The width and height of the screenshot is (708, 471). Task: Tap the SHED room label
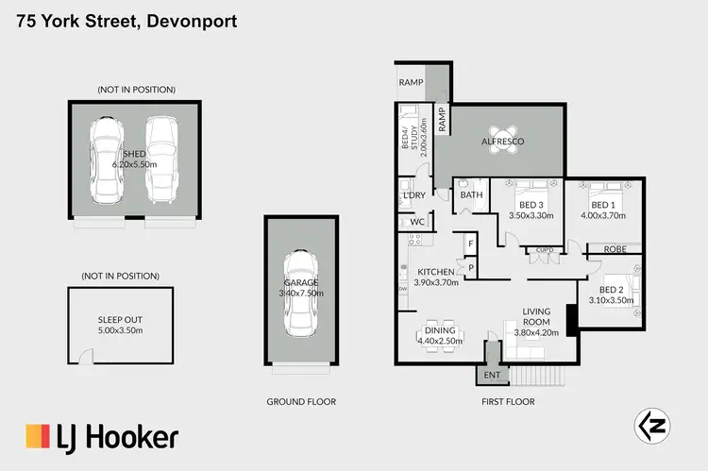click(x=137, y=154)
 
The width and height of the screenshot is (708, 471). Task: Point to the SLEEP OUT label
click(x=121, y=320)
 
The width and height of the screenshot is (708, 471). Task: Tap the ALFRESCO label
click(x=503, y=142)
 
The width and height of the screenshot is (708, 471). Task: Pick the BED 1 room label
click(x=602, y=205)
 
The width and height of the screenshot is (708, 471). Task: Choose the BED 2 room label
click(x=612, y=290)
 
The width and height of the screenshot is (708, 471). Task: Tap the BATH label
click(x=471, y=195)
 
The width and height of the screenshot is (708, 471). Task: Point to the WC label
click(x=416, y=222)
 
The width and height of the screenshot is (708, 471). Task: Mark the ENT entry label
click(x=491, y=375)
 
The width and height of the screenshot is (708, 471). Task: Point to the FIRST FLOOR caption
click(x=506, y=401)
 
